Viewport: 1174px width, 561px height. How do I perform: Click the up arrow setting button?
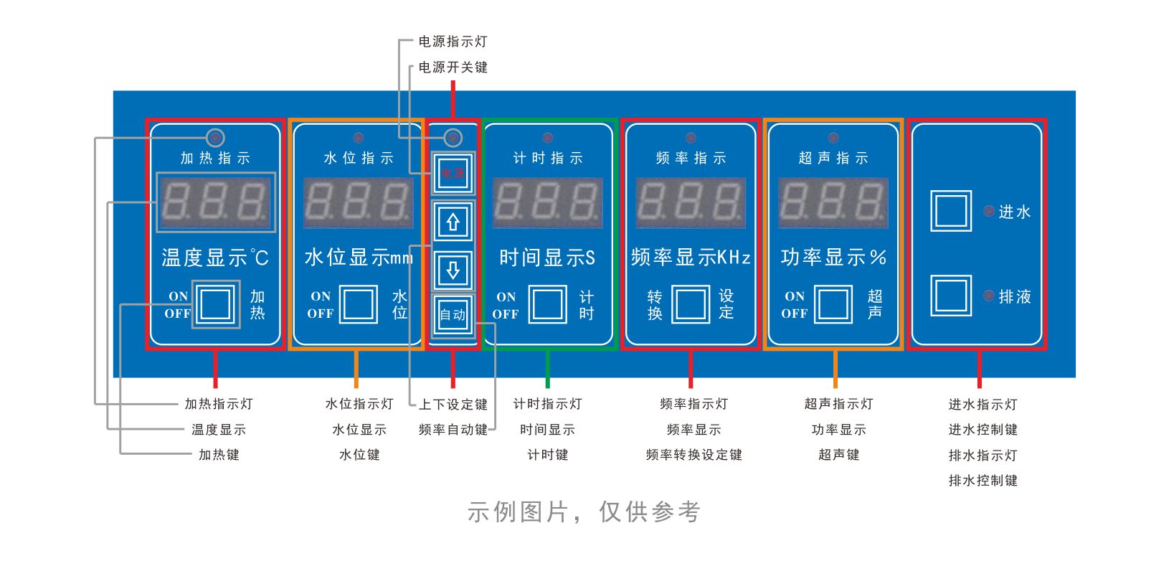[453, 222]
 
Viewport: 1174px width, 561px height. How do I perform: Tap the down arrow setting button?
[453, 270]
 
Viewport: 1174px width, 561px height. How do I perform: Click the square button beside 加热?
[215, 304]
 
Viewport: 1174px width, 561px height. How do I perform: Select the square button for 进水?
[951, 211]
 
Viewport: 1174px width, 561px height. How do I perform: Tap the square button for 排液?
[951, 296]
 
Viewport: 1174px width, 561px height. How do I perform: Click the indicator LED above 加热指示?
[215, 137]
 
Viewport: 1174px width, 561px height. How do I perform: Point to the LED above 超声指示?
[833, 138]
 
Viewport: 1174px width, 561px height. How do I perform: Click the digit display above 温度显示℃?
[215, 202]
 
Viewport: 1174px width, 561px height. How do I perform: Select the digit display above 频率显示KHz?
[691, 202]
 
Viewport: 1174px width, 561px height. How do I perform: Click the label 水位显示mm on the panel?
[359, 257]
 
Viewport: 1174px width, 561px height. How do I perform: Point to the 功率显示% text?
[833, 257]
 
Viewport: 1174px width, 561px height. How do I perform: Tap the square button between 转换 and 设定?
[690, 304]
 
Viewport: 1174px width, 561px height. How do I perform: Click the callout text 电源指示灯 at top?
[453, 42]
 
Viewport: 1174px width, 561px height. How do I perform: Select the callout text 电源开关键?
[453, 67]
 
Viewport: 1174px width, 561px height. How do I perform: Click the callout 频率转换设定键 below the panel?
[693, 455]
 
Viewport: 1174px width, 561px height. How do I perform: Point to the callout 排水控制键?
[983, 481]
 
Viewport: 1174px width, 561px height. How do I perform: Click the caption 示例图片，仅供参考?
[583, 512]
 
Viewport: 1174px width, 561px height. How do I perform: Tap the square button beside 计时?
[548, 304]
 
